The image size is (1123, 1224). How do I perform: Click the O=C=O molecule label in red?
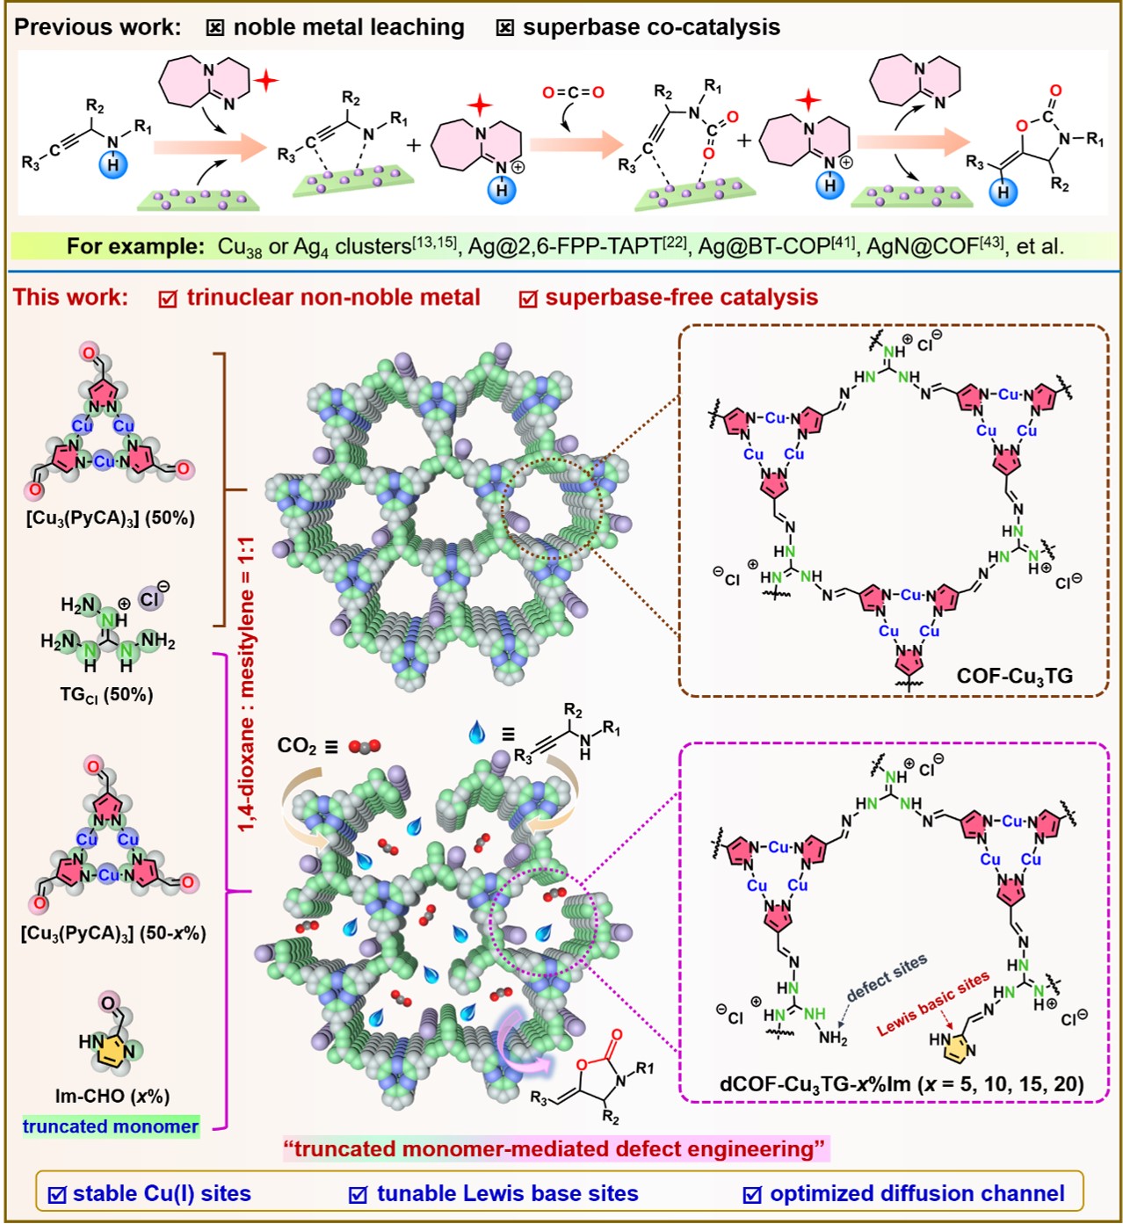click(573, 92)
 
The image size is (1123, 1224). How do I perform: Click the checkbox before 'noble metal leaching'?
click(214, 28)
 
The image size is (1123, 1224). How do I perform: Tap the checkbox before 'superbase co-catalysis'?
click(504, 28)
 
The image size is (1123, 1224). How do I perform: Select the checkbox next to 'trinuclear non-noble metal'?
click(168, 299)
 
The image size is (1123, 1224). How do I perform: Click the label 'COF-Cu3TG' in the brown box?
click(1014, 676)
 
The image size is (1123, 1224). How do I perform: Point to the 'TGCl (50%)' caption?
click(106, 695)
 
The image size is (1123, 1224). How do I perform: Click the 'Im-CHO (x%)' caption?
click(112, 1097)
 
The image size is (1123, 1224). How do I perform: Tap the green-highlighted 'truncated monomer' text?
click(111, 1126)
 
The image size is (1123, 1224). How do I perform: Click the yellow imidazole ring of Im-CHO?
click(112, 1051)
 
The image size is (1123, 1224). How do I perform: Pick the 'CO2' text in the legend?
click(297, 746)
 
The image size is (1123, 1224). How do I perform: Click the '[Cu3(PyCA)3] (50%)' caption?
click(111, 518)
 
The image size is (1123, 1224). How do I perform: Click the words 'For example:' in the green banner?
click(135, 246)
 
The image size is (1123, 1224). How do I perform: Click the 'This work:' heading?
click(71, 297)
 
